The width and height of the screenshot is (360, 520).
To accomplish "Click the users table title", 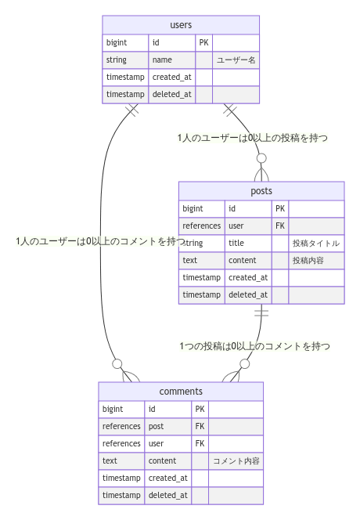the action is (x=181, y=25).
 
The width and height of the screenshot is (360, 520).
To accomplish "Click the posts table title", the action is (x=261, y=191).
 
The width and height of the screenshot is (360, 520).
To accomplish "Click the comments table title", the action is (x=181, y=392).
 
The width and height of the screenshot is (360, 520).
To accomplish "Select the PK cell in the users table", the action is (x=203, y=42).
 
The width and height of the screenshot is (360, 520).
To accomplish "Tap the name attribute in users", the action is (x=162, y=60).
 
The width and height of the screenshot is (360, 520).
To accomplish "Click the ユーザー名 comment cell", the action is (x=236, y=60).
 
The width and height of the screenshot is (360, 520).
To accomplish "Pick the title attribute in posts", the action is (x=236, y=243).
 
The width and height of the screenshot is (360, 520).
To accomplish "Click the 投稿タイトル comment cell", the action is (x=316, y=243).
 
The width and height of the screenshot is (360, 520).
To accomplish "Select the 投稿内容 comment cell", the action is (x=308, y=260).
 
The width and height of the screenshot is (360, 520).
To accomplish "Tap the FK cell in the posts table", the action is (x=279, y=226).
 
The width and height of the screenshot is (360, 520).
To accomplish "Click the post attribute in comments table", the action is (x=156, y=426).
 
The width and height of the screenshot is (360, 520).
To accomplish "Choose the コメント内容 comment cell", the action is (x=236, y=460).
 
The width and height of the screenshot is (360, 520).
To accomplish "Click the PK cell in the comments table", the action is (x=200, y=409).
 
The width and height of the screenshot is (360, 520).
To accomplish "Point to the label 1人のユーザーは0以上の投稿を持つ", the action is (x=253, y=138).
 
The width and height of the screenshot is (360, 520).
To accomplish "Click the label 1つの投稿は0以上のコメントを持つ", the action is (x=254, y=346).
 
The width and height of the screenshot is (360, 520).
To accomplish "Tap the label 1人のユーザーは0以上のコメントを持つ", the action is (x=100, y=241).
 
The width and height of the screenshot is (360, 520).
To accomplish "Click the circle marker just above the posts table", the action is (x=261, y=158).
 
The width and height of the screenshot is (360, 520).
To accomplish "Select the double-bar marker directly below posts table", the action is (x=261, y=312).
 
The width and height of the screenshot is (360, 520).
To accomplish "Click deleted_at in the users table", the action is (x=171, y=95).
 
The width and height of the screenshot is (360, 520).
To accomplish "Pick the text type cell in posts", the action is (x=189, y=260).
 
